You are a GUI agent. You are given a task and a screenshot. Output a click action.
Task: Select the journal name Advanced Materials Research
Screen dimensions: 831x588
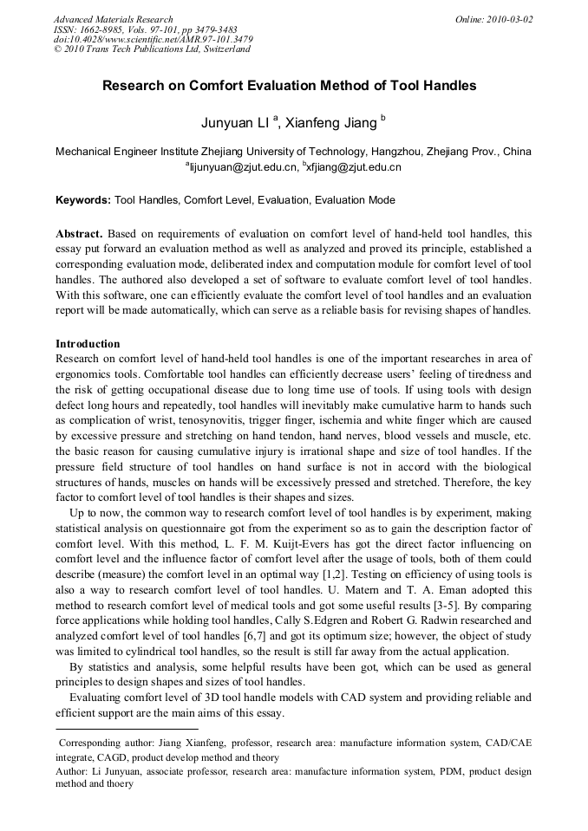point(114,19)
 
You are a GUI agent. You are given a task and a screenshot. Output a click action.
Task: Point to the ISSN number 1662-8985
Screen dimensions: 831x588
point(111,29)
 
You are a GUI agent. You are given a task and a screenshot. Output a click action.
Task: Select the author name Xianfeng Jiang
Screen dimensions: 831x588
point(330,123)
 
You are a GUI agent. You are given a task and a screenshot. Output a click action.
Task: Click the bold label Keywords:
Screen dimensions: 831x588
point(83,200)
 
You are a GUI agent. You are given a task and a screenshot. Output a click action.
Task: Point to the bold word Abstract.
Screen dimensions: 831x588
point(79,234)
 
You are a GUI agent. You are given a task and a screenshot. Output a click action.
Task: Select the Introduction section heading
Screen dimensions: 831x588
point(88,344)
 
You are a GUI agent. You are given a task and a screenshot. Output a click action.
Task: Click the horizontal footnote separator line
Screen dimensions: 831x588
point(127,730)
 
